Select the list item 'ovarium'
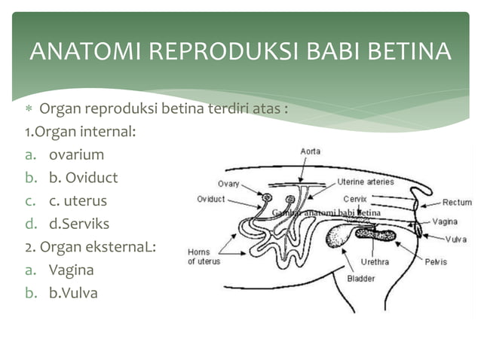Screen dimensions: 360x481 [x=76, y=155]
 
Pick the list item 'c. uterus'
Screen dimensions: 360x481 [x=78, y=201]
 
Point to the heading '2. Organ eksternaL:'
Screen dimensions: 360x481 [x=89, y=246]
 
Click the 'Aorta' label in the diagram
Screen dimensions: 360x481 [x=311, y=151]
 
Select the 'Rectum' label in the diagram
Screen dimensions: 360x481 [x=456, y=202]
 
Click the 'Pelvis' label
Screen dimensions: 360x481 [x=435, y=262]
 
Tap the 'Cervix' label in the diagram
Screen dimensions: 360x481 [x=355, y=199]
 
